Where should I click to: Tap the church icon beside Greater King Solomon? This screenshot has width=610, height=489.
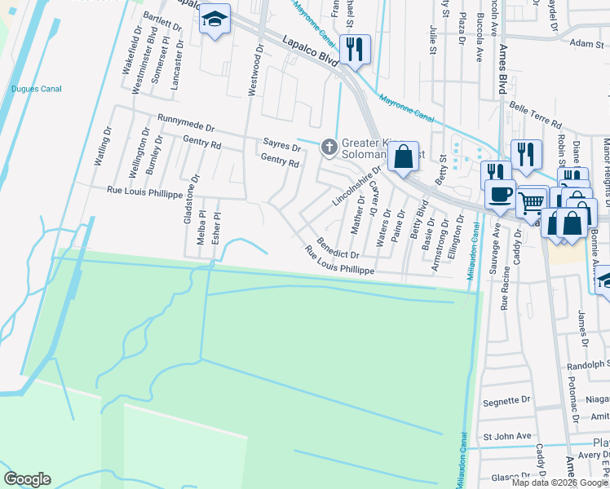click(329, 147)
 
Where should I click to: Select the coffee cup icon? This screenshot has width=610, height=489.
click(499, 195)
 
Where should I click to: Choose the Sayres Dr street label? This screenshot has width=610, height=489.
click(281, 144)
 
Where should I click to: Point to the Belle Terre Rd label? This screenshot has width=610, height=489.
click(536, 113)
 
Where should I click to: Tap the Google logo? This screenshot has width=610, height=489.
click(27, 479)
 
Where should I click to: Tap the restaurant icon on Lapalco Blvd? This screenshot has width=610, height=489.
click(355, 50)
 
